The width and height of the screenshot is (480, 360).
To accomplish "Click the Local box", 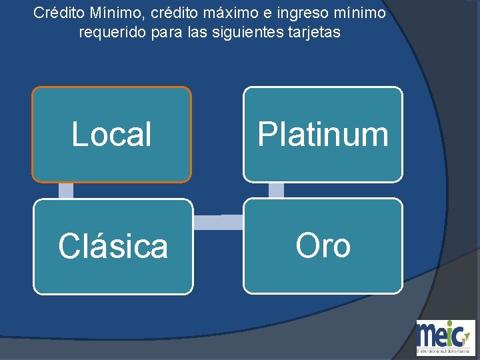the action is pyautogui.click(x=111, y=134).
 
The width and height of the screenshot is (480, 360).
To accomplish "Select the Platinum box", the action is pyautogui.click(x=323, y=134).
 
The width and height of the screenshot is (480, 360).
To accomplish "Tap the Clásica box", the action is pyautogui.click(x=113, y=246).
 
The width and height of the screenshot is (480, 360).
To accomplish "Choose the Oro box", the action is pyautogui.click(x=323, y=246).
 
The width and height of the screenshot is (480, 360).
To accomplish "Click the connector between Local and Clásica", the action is pyautogui.click(x=65, y=191).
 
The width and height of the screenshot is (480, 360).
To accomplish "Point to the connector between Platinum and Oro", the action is pyautogui.click(x=276, y=191).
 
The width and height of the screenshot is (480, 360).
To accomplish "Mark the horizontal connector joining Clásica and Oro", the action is pyautogui.click(x=218, y=222).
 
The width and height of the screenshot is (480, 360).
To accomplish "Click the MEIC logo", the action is pyautogui.click(x=445, y=337).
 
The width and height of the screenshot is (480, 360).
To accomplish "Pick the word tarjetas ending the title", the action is pyautogui.click(x=315, y=31).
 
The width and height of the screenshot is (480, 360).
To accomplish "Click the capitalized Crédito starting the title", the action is pyautogui.click(x=58, y=13).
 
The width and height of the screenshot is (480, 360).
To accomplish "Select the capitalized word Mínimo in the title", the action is pyautogui.click(x=114, y=13).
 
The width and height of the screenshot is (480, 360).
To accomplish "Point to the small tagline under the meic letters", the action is pyautogui.click(x=445, y=350).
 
